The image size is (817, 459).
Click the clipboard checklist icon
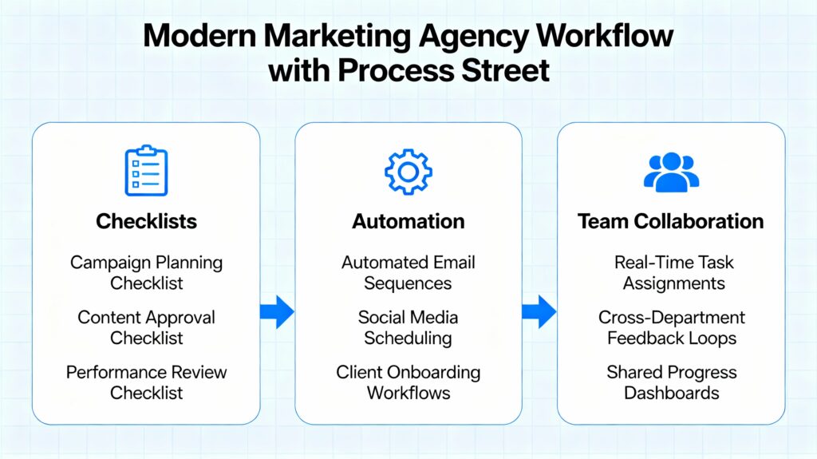coord(146,170)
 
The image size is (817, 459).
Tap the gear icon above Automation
coord(408,171)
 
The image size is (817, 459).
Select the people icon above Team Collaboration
coord(670,172)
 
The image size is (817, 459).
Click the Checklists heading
coord(146,221)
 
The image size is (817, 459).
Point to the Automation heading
coord(408,221)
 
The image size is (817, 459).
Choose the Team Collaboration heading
coord(670,221)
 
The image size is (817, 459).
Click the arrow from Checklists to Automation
coord(277,311)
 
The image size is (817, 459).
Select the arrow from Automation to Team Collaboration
coord(539,311)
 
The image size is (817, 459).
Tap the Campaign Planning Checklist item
coord(146,272)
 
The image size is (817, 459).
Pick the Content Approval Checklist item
coord(146,327)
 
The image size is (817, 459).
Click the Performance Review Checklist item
coord(146,382)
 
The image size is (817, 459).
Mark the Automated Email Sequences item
coord(408,272)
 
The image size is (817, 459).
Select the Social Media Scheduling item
coord(408,327)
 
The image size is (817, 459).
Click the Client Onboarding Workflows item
coord(408,382)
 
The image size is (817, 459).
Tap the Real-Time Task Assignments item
coord(670,272)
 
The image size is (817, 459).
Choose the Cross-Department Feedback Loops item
coord(670,327)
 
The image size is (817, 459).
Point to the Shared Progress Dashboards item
coord(670,382)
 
